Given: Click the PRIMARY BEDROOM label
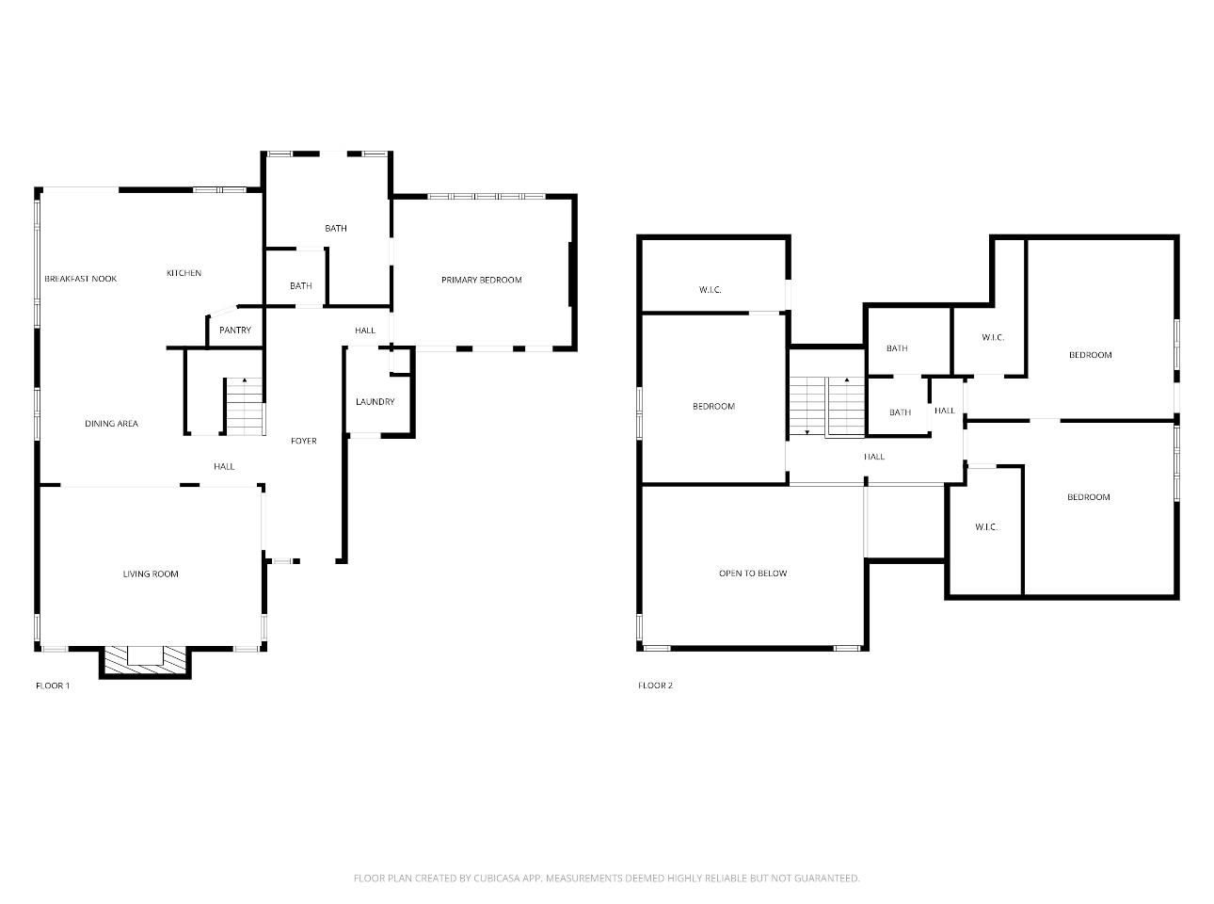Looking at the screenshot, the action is (481, 280).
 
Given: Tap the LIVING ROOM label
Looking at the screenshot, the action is (151, 574).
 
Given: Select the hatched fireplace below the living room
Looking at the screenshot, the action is (145, 660).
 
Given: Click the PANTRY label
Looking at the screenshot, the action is (235, 330).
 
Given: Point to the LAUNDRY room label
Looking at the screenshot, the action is (375, 401).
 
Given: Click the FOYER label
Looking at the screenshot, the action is (304, 441).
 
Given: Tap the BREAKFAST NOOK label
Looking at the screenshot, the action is (81, 279).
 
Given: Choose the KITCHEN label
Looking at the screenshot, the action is (184, 273).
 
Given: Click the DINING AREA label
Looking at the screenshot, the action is (112, 424).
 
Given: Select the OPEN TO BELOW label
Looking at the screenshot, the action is (753, 573).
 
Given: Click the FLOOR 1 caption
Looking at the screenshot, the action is (53, 686).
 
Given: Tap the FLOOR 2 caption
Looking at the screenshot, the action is (655, 686).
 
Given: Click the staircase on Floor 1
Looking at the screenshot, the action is (245, 407).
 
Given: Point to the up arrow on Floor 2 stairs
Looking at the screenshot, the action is (847, 379).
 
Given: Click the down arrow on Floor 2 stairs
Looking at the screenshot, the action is (807, 432).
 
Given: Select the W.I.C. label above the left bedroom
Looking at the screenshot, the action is (710, 290).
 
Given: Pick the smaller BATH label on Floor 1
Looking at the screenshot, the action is (300, 286).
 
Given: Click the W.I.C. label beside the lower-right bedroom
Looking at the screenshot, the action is (986, 527).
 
